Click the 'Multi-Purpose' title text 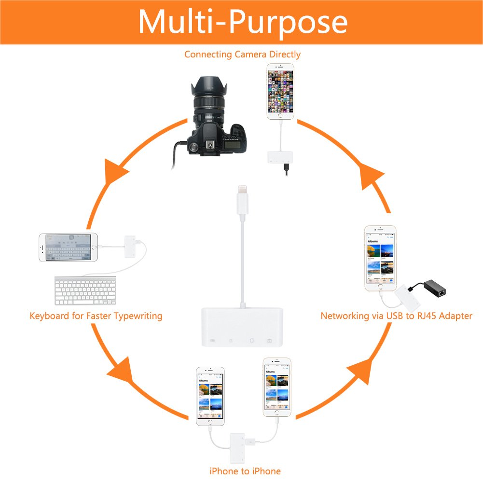[243, 22]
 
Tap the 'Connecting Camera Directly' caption [242, 54]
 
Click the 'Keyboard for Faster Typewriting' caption [96, 316]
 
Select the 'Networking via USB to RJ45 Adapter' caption [396, 316]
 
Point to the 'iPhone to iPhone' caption [245, 470]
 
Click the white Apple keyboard [85, 290]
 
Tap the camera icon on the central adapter [269, 341]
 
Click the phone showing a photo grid [280, 92]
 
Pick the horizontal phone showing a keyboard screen [68, 248]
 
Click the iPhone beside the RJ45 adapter [380, 258]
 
